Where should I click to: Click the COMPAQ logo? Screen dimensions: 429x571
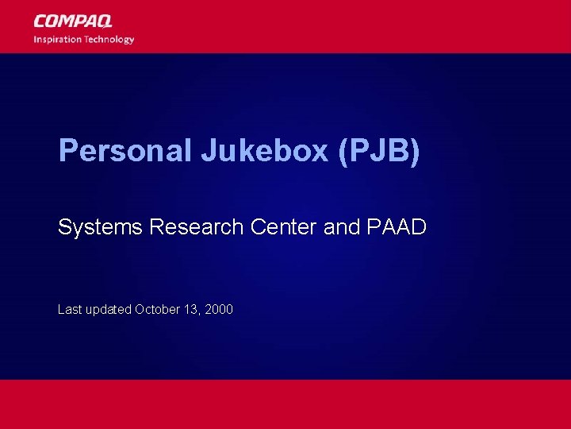73,21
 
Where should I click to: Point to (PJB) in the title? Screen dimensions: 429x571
378,151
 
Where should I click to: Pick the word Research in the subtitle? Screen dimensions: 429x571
197,227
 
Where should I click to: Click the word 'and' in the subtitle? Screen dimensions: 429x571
342,227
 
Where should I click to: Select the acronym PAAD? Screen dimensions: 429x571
396,227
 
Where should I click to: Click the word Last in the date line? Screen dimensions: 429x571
69,309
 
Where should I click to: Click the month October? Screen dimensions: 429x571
157,309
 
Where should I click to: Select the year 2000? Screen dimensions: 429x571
219,309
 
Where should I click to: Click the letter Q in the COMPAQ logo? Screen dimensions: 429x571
104,21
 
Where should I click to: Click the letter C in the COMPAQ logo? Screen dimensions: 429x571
40,21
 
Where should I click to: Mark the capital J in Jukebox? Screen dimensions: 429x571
208,151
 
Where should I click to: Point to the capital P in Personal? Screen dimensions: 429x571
67,151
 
